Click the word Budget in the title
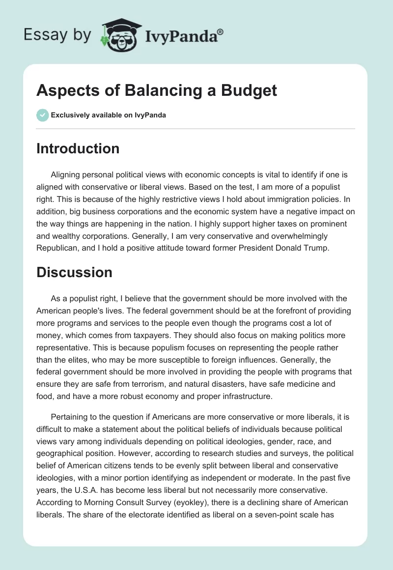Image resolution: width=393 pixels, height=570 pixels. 252,90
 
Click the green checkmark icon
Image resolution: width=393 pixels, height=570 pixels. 42,115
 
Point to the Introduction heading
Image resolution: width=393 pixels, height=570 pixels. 78,148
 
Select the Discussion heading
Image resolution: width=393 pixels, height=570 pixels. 74,272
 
